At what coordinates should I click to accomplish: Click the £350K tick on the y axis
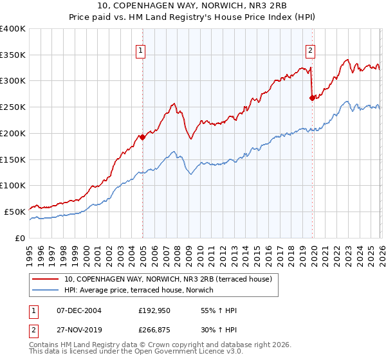13,55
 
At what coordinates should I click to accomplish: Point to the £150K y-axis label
13,159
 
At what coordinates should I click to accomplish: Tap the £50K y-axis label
15,212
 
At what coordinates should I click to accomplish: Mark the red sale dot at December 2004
142,137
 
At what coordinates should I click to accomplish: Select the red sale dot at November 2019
312,98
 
